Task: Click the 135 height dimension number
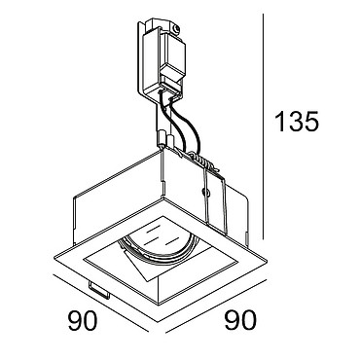coord(297,122)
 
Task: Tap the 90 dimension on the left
coord(83,320)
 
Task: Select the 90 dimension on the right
coord(240,320)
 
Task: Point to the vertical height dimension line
coord(263,126)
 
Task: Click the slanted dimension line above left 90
coord(100,304)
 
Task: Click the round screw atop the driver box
coord(176,30)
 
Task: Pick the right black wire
coord(187,122)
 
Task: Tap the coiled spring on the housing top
coord(202,162)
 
